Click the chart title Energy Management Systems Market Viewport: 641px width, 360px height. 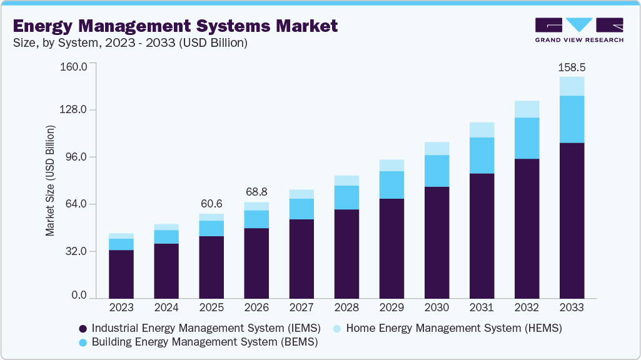point(175,26)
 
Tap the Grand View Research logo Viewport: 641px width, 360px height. point(578,29)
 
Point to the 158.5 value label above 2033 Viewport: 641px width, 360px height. point(572,67)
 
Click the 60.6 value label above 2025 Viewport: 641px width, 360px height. point(211,204)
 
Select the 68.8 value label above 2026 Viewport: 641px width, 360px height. point(256,192)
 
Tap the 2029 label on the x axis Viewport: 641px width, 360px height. point(391,307)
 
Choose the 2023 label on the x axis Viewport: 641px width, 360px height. point(121,307)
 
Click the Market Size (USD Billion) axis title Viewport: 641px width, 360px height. point(50,181)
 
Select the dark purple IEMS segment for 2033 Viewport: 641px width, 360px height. point(572,220)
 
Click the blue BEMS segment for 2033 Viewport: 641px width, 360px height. point(572,119)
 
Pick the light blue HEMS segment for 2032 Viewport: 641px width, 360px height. point(527,109)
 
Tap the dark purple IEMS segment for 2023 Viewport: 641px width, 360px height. point(121,274)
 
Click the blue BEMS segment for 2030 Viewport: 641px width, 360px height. point(437,171)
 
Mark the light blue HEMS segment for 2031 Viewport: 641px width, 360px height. point(482,129)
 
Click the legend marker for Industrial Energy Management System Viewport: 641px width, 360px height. point(83,328)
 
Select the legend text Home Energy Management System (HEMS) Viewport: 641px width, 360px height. point(453,327)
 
